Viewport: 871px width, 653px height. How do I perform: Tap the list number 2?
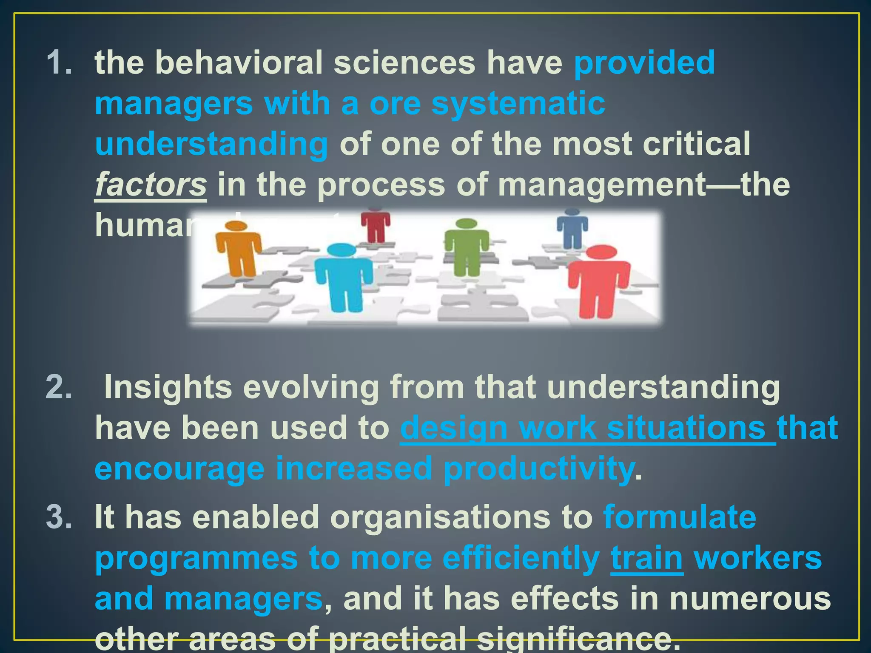pyautogui.click(x=59, y=387)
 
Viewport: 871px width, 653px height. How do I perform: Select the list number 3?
pyautogui.click(x=59, y=517)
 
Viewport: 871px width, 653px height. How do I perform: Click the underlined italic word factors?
pyautogui.click(x=151, y=185)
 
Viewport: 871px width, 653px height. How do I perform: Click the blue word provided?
pyautogui.click(x=644, y=62)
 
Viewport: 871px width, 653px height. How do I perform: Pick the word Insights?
pyautogui.click(x=168, y=387)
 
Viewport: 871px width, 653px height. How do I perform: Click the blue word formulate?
pyautogui.click(x=680, y=517)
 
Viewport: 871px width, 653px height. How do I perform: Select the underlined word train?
pyautogui.click(x=646, y=558)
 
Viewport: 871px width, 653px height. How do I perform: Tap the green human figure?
pyautogui.click(x=467, y=247)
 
